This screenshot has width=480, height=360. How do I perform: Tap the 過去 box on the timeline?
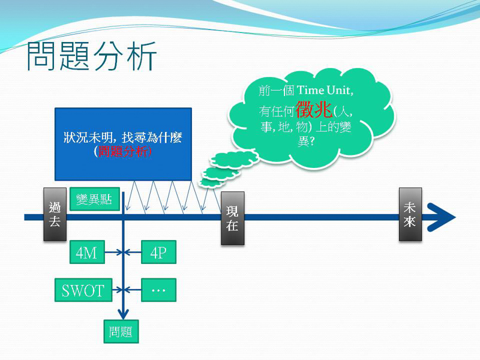[x=54, y=214]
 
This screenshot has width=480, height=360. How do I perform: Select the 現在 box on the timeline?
[x=232, y=218]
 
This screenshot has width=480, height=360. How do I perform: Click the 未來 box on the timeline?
[x=410, y=214]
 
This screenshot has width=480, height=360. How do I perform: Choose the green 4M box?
[x=86, y=253]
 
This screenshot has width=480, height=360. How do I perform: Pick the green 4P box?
[x=158, y=253]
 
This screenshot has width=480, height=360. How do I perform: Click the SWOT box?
[x=83, y=291]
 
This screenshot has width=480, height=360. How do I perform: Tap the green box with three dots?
[x=158, y=290]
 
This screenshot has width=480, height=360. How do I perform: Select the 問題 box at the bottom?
[x=121, y=332]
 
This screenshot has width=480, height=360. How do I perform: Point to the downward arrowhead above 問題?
[x=123, y=313]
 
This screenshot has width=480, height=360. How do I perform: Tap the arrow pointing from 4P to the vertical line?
[x=133, y=253]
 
